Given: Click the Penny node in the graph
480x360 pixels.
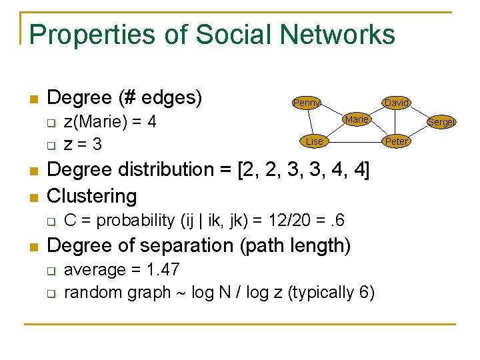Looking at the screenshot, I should coord(307,103).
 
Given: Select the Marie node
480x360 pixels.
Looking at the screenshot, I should coord(357,119).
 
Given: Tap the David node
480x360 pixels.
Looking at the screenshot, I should coord(397,103).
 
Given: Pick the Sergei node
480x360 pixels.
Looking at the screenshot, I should coord(441,122).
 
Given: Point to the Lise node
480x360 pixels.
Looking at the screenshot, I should coord(314,141).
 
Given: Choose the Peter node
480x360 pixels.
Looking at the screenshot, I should coord(397,141).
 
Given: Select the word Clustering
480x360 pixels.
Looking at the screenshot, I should coord(92,196).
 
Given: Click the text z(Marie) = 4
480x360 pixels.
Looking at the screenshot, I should coord(110,122).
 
